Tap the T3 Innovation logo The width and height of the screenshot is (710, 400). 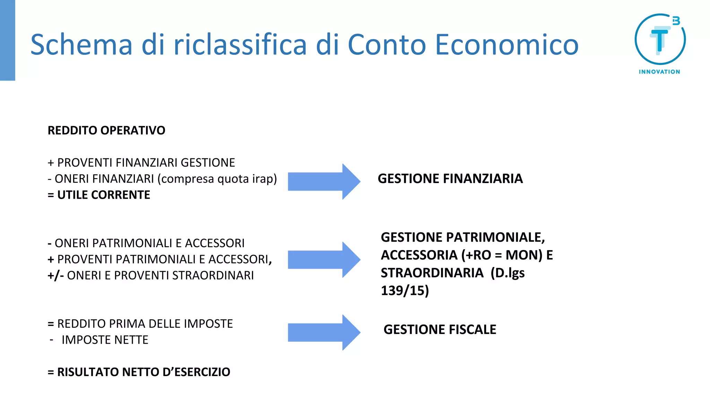660,40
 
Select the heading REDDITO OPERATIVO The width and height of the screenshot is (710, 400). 106,131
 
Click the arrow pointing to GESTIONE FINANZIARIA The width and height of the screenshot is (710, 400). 324,181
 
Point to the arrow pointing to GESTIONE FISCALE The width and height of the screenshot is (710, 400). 324,332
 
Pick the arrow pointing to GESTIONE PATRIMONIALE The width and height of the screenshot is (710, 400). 324,259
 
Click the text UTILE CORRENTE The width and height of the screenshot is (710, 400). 104,195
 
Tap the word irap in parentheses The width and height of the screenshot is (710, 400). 262,179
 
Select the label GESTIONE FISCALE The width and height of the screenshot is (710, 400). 440,330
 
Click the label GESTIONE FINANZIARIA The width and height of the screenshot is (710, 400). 450,178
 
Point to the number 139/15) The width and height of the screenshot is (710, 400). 405,291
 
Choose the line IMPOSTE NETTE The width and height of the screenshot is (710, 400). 105,340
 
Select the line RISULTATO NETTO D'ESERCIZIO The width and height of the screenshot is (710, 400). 139,372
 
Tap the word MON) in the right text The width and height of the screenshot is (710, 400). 524,255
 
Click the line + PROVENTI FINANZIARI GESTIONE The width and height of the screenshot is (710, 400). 141,162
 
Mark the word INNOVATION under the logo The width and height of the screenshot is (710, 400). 659,72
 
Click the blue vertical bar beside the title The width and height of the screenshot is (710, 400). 7,40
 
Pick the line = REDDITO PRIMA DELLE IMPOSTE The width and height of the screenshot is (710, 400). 140,324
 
